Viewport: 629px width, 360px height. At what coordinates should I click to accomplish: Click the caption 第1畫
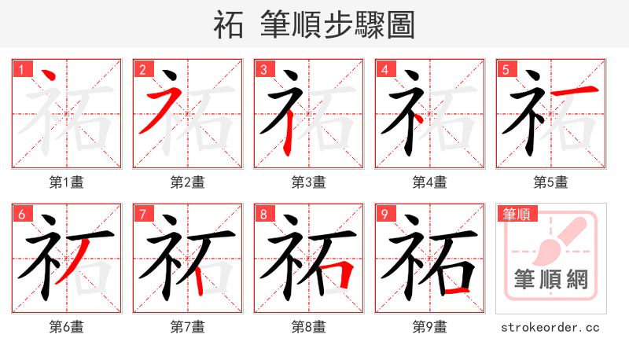[x=67, y=182]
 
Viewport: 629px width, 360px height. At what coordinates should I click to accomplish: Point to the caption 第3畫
[x=309, y=182]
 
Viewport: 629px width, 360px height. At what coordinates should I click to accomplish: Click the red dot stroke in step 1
[x=49, y=76]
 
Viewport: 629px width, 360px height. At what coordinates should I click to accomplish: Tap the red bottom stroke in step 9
[x=456, y=291]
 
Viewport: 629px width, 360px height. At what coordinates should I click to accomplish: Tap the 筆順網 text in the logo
[x=550, y=278]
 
